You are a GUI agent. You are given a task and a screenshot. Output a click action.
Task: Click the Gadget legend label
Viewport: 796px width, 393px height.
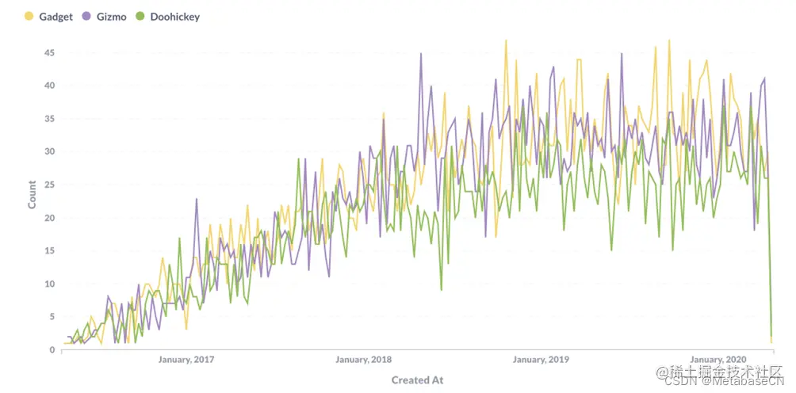(55, 16)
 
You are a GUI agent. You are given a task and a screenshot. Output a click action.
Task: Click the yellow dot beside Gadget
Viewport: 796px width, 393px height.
(29, 16)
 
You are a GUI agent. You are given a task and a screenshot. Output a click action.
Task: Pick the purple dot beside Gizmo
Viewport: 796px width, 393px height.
(86, 16)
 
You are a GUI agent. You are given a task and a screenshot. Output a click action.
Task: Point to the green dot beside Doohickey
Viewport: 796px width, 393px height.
(140, 16)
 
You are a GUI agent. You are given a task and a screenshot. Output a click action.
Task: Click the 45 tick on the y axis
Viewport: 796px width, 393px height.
(49, 52)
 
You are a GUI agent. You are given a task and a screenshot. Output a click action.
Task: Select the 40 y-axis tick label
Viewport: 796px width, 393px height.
(49, 86)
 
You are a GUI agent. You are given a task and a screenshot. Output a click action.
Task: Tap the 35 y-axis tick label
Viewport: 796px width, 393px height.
(49, 119)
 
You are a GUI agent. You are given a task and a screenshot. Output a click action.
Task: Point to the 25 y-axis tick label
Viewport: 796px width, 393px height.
(49, 185)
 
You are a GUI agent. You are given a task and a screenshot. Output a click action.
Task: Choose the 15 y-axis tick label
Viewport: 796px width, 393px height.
(49, 251)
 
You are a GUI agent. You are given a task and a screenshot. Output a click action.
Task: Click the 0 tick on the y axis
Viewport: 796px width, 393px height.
(52, 350)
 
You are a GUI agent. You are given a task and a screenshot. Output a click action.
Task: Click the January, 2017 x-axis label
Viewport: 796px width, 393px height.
(186, 360)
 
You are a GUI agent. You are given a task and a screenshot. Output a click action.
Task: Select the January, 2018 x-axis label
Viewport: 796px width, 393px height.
(364, 360)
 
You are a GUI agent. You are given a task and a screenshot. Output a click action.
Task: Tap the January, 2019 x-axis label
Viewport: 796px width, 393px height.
(542, 360)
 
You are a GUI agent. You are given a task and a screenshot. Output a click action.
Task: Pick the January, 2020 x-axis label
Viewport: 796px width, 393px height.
(718, 360)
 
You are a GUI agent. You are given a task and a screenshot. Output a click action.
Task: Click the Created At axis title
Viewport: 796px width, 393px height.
(417, 380)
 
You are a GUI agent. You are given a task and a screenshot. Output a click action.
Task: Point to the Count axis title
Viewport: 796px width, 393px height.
(33, 194)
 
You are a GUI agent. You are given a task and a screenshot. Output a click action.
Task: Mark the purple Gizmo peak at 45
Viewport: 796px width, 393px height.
(421, 54)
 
